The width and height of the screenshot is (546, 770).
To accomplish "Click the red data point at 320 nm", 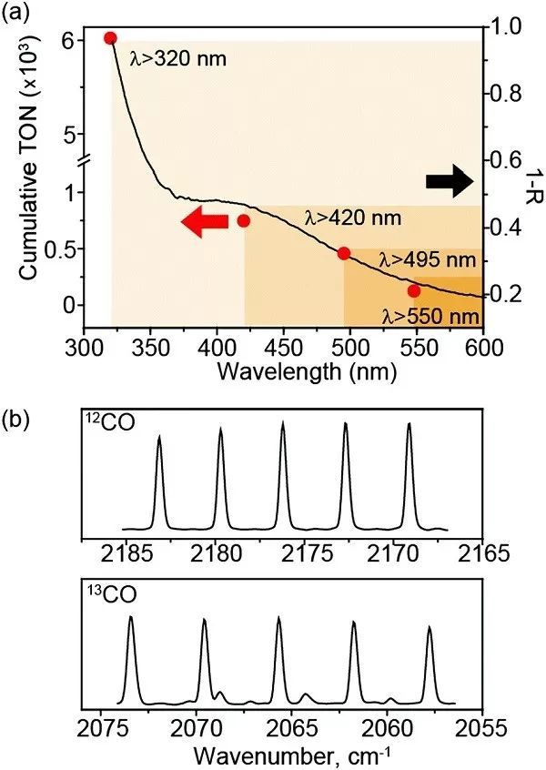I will (x=110, y=38).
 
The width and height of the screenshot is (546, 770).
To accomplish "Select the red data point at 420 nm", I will (x=244, y=220).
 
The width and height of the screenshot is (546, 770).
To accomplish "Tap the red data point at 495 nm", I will (x=344, y=253).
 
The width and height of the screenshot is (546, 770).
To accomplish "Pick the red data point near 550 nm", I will (x=414, y=290).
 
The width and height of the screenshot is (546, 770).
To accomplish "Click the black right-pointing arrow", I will (x=450, y=182).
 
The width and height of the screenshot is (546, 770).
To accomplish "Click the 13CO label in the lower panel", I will (x=108, y=599).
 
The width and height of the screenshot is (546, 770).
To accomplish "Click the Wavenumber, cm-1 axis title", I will (x=293, y=755).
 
